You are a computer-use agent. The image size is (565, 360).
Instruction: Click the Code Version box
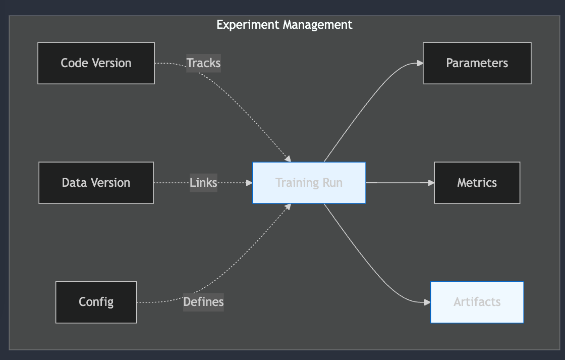pos(96,63)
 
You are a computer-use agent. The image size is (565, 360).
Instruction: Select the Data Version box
pos(96,183)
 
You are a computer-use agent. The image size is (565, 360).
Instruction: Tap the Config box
pos(96,302)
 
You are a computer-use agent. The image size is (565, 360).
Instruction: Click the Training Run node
pos(309,183)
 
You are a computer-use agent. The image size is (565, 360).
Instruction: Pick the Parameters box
pos(477,63)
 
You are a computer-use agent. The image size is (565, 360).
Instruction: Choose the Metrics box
pos(477,183)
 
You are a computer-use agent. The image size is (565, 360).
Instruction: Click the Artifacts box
pos(477,302)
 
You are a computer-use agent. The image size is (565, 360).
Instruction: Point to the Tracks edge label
pos(203,63)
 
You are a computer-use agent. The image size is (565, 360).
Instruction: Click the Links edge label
pos(203,183)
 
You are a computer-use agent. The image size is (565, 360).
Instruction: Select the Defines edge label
pos(203,302)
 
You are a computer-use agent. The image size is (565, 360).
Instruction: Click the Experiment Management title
pos(284,25)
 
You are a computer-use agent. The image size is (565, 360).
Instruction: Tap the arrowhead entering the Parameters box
pos(420,63)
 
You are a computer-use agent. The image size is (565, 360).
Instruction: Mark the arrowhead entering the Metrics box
pos(431,183)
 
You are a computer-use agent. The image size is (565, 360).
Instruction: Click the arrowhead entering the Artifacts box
pos(427,302)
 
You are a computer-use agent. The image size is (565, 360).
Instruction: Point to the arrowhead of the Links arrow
pos(249,183)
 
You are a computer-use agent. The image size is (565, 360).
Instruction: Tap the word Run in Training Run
pos(332,183)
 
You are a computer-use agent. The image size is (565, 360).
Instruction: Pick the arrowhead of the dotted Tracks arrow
pos(289,159)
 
